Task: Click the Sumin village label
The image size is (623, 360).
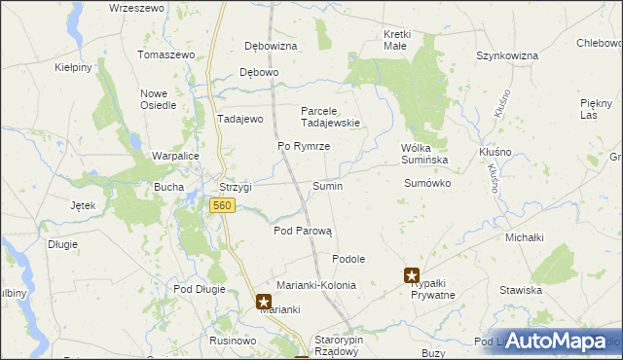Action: coord(327,186)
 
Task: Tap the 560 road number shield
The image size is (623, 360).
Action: coord(221,205)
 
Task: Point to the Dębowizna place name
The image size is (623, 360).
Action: coord(272,46)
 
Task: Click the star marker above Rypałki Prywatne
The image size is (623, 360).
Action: coord(413,276)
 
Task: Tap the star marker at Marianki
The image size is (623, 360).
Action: coord(264,302)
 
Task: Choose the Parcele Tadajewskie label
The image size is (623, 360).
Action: coord(330,117)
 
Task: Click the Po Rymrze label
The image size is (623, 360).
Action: coord(304,146)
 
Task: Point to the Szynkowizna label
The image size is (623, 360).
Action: coord(507,56)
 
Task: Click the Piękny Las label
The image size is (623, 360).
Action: coord(595,109)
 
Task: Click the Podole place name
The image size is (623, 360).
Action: coord(348,259)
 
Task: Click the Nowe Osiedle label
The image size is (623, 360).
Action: coord(157,99)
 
